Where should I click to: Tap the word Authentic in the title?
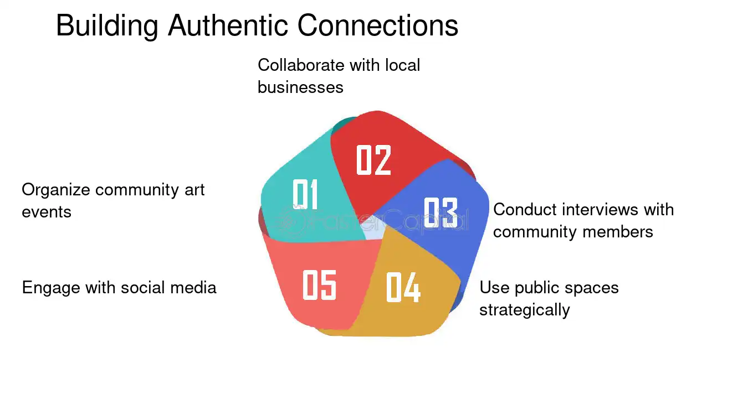coord(228,25)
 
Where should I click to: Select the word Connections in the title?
coord(378,25)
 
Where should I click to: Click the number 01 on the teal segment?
coord(305,194)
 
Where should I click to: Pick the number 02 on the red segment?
coord(373,160)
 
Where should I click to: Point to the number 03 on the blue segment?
coord(440,212)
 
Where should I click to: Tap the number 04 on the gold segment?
coord(403,287)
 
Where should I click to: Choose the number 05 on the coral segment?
coord(319,284)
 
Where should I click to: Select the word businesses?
coord(300,87)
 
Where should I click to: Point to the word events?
coord(47,212)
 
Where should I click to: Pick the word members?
coord(618,232)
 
